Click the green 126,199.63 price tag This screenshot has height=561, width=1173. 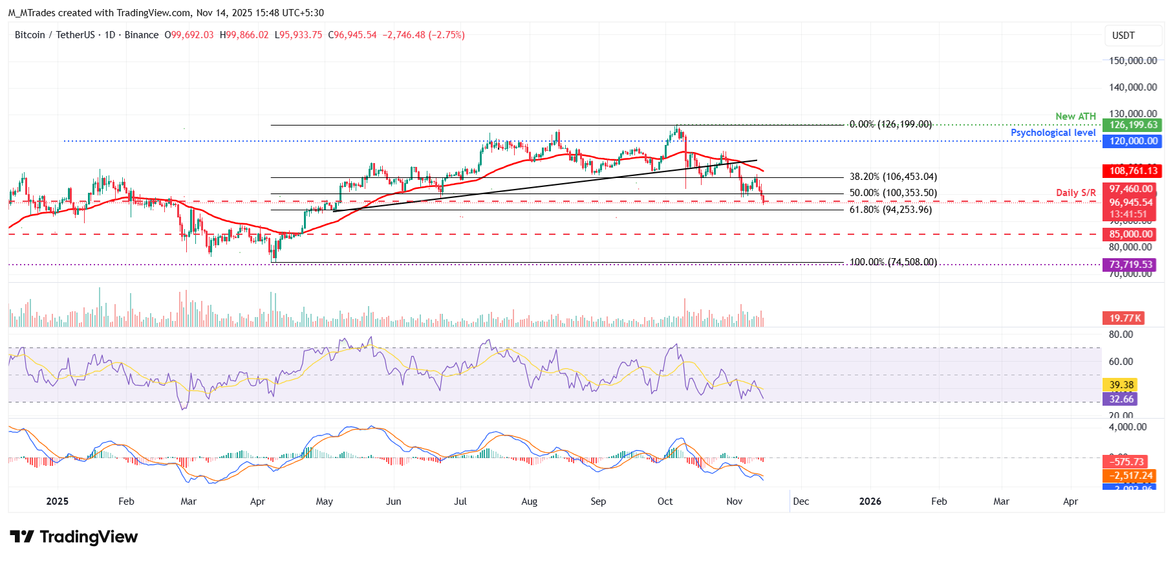(1133, 125)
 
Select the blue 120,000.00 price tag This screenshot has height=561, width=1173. (1133, 141)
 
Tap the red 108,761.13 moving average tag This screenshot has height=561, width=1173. (1133, 171)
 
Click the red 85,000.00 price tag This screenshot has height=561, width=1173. (1130, 234)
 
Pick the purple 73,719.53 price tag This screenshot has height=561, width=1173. (1130, 265)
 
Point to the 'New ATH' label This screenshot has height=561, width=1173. (1075, 116)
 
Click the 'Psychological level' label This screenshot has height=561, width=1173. (1053, 133)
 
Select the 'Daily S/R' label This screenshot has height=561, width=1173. (1075, 193)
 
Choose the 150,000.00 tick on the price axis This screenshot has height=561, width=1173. (1133, 61)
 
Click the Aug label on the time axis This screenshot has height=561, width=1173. (529, 501)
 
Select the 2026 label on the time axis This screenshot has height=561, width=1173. (870, 501)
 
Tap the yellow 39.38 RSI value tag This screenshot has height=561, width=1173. (1121, 385)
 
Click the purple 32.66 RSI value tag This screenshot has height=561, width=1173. (1121, 399)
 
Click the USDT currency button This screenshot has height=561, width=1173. (1123, 36)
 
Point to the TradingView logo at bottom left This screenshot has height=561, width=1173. (74, 537)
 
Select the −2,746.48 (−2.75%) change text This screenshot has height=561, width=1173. (424, 35)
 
